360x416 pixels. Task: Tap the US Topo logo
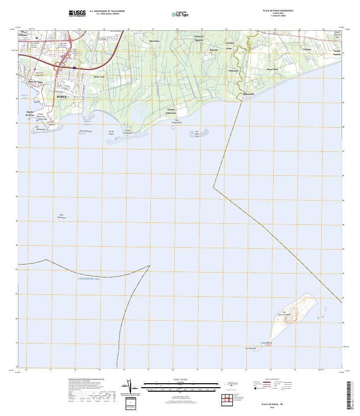pos(180,14)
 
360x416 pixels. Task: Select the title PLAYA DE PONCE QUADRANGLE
pos(278,10)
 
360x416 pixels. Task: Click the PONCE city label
pos(62,97)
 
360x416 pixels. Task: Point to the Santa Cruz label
pos(99,77)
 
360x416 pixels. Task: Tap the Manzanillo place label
pos(248,94)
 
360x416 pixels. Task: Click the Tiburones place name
pos(233,70)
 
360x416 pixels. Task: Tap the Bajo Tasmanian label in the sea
pos(62,216)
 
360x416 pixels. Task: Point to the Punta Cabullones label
pos(128,132)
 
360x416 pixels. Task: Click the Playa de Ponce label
pos(36,81)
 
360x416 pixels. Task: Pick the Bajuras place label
pos(214,50)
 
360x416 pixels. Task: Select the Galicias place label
pos(306,50)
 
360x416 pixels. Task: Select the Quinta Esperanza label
pos(171,111)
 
